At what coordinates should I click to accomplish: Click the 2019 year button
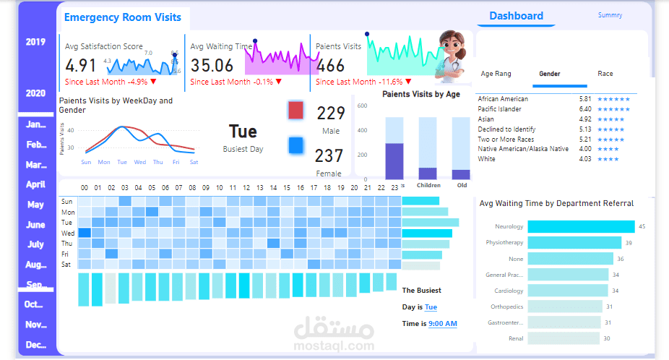(x=35, y=42)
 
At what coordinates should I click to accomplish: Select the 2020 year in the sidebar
(x=35, y=93)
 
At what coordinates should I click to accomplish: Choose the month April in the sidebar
(x=35, y=184)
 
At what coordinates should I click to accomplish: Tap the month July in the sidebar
(x=35, y=244)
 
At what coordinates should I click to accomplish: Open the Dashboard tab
(x=516, y=16)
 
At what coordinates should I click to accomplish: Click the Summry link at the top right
(x=610, y=15)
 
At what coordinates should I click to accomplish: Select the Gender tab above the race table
(x=550, y=74)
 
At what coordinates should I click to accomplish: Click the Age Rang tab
(x=496, y=74)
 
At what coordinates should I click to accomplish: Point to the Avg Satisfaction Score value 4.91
(x=81, y=66)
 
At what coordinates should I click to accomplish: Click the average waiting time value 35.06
(x=212, y=66)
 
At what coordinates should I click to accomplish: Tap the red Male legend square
(x=295, y=111)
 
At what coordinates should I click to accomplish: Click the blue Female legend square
(x=295, y=145)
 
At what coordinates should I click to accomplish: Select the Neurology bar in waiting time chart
(x=581, y=227)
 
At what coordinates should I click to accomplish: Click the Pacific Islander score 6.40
(x=585, y=109)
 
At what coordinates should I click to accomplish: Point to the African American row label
(x=503, y=99)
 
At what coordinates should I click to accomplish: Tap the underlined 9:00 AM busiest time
(x=442, y=324)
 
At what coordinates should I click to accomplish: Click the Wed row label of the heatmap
(x=67, y=233)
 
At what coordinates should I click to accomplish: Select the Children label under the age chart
(x=428, y=185)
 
